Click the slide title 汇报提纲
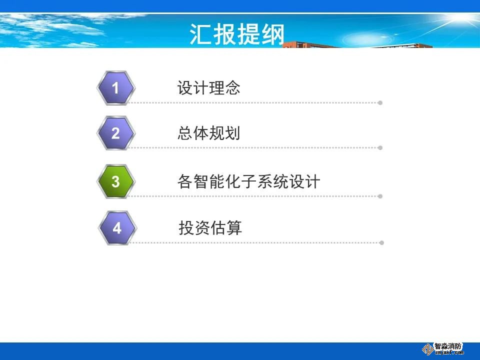[x=237, y=34]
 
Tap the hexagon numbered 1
[x=115, y=88]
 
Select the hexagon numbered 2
[x=115, y=133]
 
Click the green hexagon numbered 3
[x=115, y=181]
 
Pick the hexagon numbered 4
[x=117, y=228]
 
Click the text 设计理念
[x=209, y=88]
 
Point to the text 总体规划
[x=209, y=133]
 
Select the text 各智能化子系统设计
[x=249, y=181]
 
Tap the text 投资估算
[x=210, y=228]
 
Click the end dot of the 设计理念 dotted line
[x=380, y=103]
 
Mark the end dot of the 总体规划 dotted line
[x=380, y=148]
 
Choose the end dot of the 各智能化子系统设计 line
[x=380, y=196]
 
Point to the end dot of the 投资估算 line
[x=381, y=243]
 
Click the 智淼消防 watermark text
[x=448, y=346]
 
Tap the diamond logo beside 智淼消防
[x=427, y=349]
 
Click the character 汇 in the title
[x=200, y=34]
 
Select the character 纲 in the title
[x=273, y=34]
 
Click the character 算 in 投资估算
[x=234, y=228]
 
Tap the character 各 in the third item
[x=185, y=181]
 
